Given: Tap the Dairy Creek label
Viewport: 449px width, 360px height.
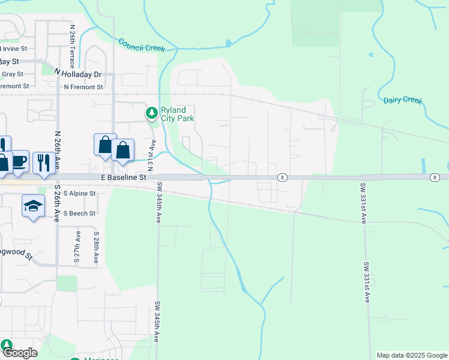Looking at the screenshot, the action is (x=403, y=100).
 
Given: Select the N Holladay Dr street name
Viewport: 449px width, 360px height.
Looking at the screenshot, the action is (x=79, y=73).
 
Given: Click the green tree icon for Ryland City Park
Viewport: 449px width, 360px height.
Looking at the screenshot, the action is (x=152, y=112).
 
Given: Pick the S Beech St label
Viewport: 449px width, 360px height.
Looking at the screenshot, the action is (x=79, y=213).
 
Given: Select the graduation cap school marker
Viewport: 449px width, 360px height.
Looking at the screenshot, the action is (x=32, y=206).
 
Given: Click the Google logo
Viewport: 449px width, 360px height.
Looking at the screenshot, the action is (x=20, y=353).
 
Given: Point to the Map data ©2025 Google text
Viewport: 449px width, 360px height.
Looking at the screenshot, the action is (x=411, y=355).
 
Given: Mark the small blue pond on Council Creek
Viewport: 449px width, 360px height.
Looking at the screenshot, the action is (x=228, y=43).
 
